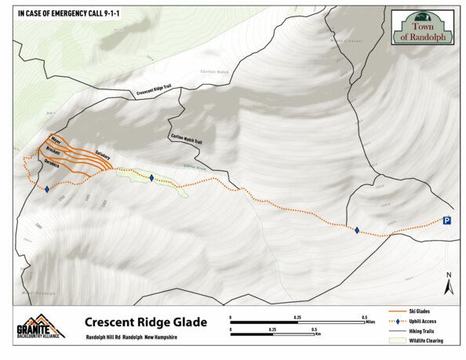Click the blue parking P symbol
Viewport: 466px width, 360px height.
point(446,221)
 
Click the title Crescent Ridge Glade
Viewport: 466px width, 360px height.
point(146,322)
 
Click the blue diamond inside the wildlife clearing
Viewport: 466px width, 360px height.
point(151,178)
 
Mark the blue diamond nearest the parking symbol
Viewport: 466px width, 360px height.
point(357,230)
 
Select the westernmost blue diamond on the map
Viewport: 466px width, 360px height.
point(47,189)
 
